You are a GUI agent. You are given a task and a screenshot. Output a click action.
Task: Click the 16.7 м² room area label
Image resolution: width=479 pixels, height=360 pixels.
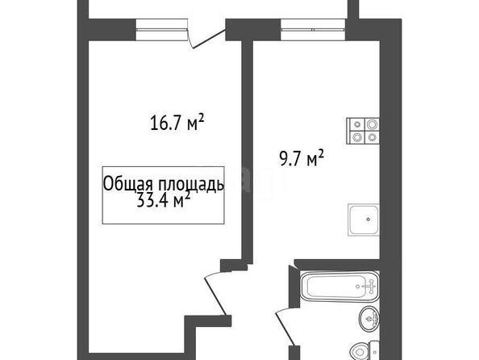coord(177,123)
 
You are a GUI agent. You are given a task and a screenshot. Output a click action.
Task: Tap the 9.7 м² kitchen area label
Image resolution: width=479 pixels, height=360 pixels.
coord(302,158)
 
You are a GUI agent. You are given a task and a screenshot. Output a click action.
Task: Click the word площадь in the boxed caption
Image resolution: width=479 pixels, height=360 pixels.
coord(191,185)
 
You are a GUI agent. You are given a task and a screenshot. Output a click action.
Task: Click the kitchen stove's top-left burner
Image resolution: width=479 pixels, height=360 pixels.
coord(357,124)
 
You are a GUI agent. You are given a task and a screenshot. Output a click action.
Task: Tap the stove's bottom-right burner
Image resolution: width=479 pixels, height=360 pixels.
coord(372,137)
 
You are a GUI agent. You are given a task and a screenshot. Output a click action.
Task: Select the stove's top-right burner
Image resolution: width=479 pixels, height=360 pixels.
coord(372,124)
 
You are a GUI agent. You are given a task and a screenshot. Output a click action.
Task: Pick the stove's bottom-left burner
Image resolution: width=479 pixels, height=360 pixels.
coord(357,137)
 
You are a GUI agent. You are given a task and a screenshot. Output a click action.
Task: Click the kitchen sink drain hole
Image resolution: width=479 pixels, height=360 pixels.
coord(369,220)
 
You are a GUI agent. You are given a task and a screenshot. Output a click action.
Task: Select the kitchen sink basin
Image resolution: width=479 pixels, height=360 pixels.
coord(364,220)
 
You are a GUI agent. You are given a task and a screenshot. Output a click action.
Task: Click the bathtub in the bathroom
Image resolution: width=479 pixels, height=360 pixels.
coord(340,287)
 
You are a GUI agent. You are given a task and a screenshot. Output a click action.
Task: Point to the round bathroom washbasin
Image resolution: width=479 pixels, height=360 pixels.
coord(369,319)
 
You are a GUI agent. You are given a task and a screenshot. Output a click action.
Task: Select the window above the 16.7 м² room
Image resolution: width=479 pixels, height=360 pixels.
coord(161,30)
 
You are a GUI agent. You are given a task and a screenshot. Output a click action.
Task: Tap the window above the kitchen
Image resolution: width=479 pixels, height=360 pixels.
coord(313,30)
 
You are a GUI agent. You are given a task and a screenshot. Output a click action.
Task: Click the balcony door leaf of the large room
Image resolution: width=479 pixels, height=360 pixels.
coord(210,39)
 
